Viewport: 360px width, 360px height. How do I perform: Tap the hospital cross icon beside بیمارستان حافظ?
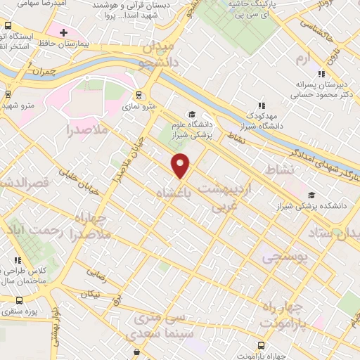point(63,32)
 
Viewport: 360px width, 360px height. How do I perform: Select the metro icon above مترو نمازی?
point(138,95)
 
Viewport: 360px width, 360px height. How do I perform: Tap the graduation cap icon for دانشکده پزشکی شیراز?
point(311,195)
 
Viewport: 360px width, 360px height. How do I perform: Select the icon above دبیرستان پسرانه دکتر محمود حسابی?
point(321,73)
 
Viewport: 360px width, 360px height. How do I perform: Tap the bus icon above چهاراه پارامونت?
point(261,345)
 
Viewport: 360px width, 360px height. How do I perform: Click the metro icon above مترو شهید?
point(8,94)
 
